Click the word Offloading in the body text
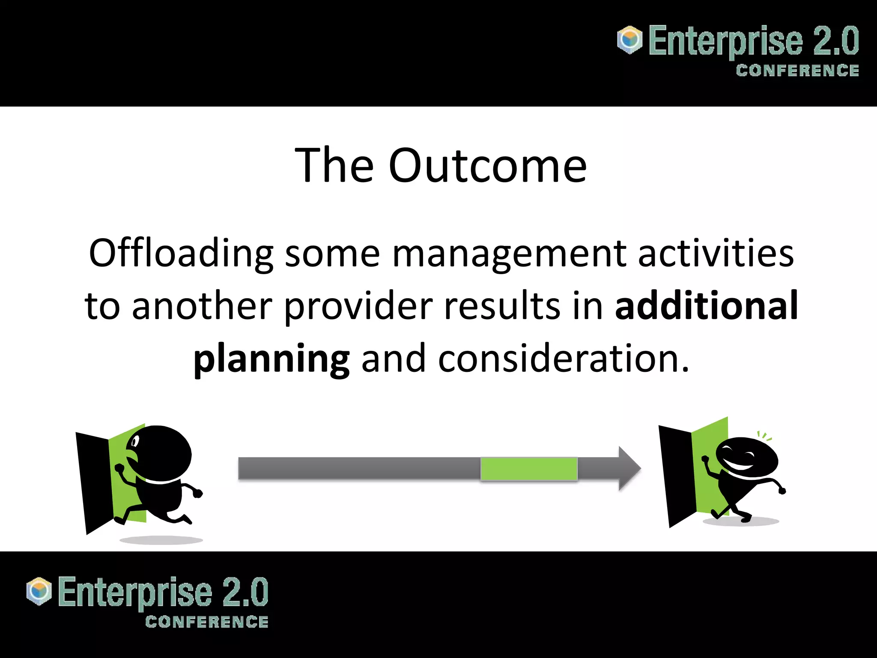coord(181,254)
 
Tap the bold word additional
coord(707,306)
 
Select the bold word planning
coord(271,359)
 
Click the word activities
coord(716,254)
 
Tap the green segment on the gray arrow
coord(529,469)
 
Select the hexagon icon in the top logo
coord(629,40)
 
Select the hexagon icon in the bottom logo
coord(39,591)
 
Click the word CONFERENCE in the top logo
coord(797,71)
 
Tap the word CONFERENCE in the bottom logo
coord(207,622)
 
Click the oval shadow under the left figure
coord(161,540)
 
